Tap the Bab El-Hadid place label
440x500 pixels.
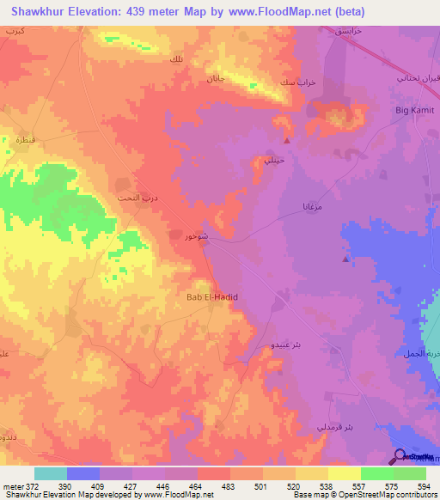[211, 297]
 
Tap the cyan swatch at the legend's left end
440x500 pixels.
[51, 473]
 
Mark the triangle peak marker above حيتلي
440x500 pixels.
[286, 140]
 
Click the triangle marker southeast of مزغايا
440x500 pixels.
[346, 258]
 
